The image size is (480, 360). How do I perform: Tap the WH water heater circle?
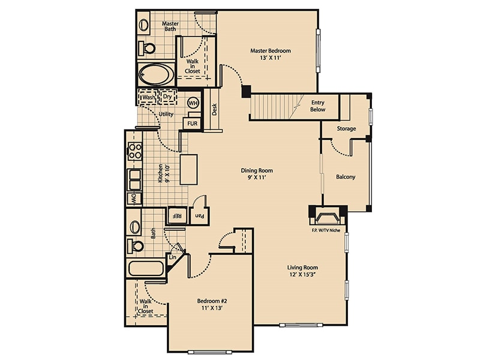(193, 103)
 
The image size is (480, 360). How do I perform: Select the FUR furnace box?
(192, 124)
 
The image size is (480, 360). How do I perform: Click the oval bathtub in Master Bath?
(155, 76)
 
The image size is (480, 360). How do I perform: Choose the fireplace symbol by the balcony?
(328, 214)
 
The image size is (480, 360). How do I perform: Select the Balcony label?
(346, 177)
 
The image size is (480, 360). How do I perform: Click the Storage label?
(346, 128)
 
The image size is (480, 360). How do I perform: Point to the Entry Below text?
(317, 106)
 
